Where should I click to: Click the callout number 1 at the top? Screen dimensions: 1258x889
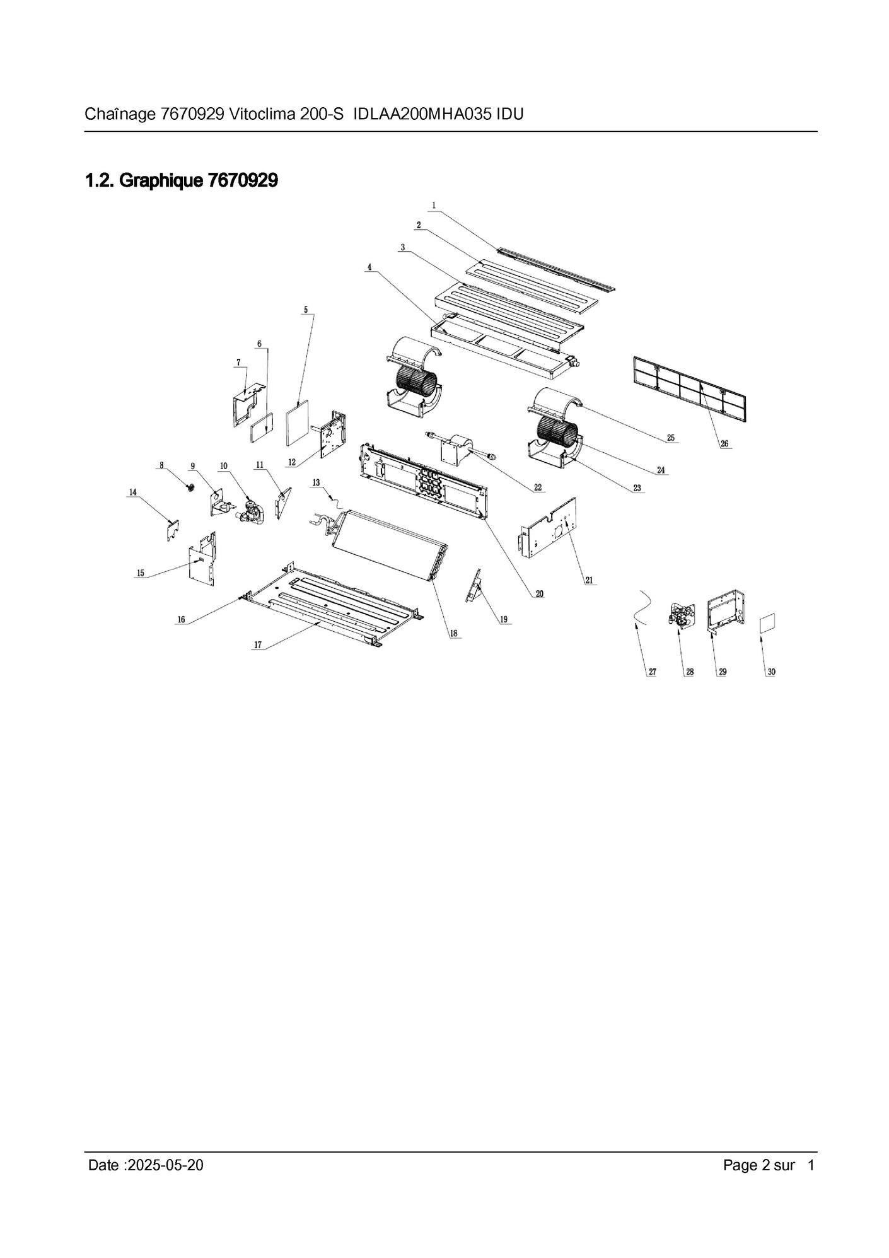click(x=434, y=205)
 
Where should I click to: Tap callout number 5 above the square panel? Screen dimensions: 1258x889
click(x=306, y=310)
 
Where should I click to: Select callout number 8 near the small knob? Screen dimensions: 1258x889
click(x=161, y=465)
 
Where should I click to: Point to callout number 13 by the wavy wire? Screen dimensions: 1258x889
click(x=316, y=482)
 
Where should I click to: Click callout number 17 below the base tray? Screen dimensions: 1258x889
click(x=257, y=644)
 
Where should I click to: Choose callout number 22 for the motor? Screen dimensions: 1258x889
click(x=537, y=487)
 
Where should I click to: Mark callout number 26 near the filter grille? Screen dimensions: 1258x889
click(x=724, y=444)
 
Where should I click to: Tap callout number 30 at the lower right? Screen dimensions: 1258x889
click(x=771, y=672)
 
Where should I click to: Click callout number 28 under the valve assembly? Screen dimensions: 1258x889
click(x=690, y=672)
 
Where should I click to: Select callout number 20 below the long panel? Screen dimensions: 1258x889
click(x=540, y=593)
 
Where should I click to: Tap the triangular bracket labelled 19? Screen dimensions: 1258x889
click(x=474, y=588)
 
